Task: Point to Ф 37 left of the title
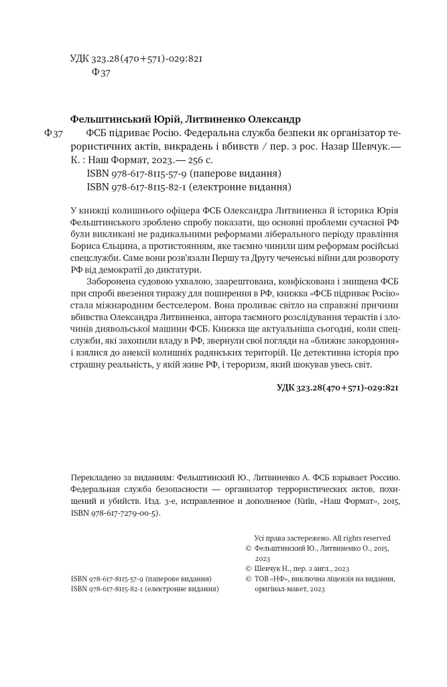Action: tap(53, 134)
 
